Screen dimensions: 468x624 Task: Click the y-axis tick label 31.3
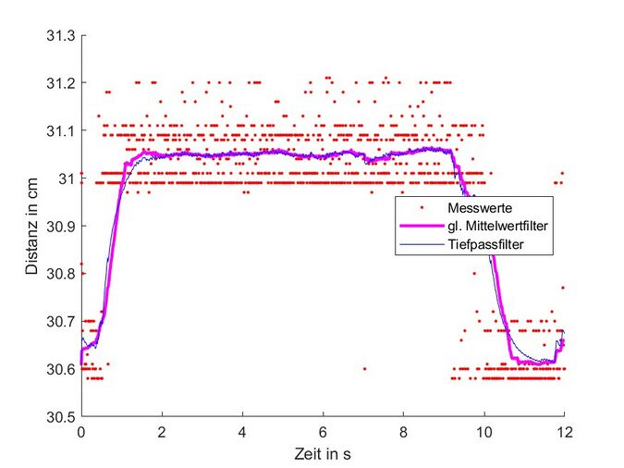click(62, 35)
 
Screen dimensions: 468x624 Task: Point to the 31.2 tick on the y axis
click(62, 83)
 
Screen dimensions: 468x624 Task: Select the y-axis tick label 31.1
click(62, 130)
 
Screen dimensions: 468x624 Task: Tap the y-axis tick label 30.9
click(62, 226)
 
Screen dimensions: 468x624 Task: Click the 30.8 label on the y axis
click(62, 274)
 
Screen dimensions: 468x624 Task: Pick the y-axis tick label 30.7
click(62, 321)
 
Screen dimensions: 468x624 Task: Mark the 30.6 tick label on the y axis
click(62, 369)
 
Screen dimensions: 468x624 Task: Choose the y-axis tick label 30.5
click(62, 416)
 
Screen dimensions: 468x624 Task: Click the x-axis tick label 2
click(162, 432)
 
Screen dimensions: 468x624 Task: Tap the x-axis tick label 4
click(242, 432)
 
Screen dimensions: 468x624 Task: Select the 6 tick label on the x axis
click(323, 432)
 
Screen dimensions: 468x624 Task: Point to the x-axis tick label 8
click(403, 432)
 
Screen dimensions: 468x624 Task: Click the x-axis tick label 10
click(483, 432)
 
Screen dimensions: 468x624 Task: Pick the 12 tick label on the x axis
click(564, 432)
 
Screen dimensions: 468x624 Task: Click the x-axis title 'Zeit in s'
click(323, 454)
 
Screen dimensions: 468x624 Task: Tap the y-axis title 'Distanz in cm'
click(32, 226)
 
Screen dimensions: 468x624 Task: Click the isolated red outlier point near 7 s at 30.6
click(364, 368)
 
